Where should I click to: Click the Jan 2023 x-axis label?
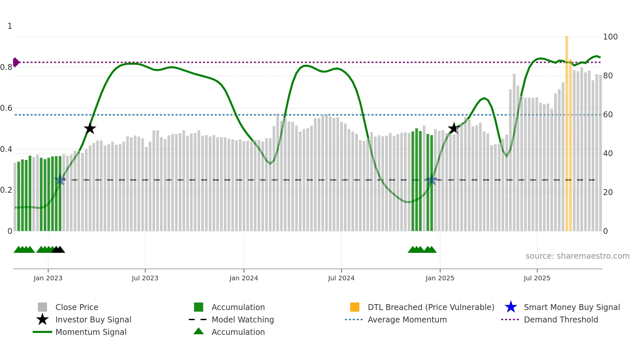tap(48, 278)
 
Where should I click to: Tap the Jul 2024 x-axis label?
tap(341, 278)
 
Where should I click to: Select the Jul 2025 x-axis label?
tap(537, 278)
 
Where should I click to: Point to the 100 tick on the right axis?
tap(610, 37)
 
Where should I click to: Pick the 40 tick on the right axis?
tap(608, 154)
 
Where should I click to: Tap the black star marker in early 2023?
tap(90, 128)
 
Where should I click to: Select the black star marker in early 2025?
tap(454, 128)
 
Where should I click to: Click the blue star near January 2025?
tap(432, 180)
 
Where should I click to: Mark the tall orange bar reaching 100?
tap(567, 131)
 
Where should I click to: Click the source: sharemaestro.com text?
tap(577, 256)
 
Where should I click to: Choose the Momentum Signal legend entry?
tap(91, 332)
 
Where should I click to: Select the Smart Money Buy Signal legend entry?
tap(571, 307)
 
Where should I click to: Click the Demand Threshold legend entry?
tap(561, 320)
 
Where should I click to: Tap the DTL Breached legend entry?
tap(431, 307)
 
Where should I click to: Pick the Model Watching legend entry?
tap(243, 320)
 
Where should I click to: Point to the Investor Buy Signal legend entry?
tap(93, 320)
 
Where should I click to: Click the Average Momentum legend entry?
tap(407, 320)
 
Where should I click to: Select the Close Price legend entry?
tap(77, 307)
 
